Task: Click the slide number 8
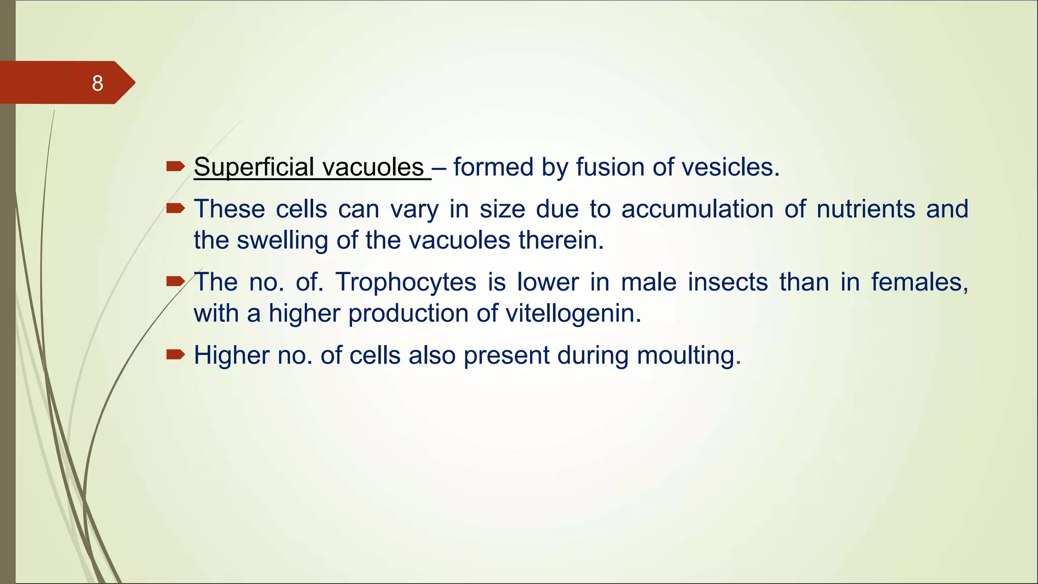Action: [x=97, y=83]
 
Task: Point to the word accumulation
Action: [x=697, y=209]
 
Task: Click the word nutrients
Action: [x=866, y=209]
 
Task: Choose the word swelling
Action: [x=282, y=240]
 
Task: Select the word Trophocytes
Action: [x=405, y=282]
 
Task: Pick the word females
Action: [x=919, y=282]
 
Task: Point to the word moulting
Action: [x=688, y=355]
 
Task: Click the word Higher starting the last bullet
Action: [x=231, y=355]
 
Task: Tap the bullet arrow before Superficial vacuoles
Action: [x=175, y=166]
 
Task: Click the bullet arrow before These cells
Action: [x=175, y=208]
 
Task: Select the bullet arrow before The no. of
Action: [x=175, y=281]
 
